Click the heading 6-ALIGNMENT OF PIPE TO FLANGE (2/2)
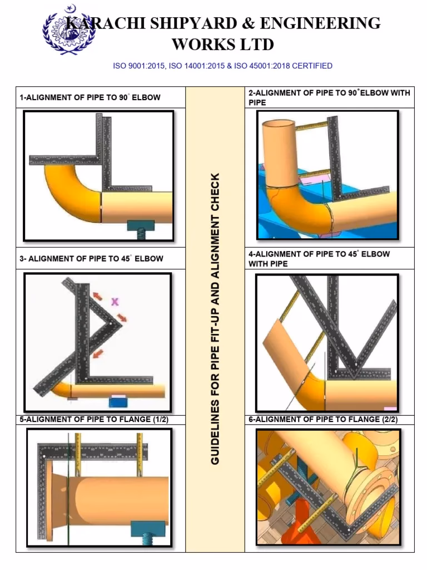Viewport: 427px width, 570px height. pyautogui.click(x=323, y=420)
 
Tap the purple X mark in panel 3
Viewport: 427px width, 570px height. pyautogui.click(x=115, y=301)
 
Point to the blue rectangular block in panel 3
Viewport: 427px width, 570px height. pyautogui.click(x=119, y=401)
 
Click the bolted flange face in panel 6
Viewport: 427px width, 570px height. pyautogui.click(x=375, y=484)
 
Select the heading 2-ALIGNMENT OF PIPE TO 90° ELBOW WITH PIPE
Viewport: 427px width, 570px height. pyautogui.click(x=329, y=97)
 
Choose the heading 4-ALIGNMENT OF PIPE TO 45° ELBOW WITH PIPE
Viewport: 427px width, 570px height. pyautogui.click(x=319, y=258)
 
